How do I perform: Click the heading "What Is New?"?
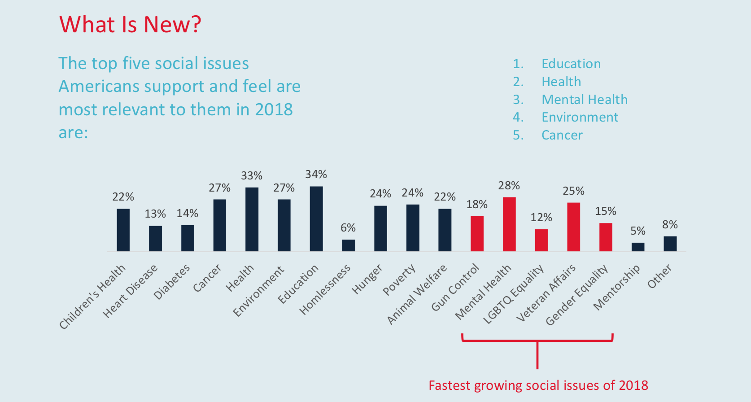(x=130, y=25)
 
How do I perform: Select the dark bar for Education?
(x=316, y=218)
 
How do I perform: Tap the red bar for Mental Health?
(x=509, y=224)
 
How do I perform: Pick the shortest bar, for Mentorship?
(x=637, y=247)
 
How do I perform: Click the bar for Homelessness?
(x=348, y=245)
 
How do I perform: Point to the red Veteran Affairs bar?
(x=573, y=227)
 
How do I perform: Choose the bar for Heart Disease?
(x=155, y=238)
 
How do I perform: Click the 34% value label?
(x=316, y=174)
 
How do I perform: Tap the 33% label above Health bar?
(x=252, y=175)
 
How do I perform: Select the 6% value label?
(x=348, y=227)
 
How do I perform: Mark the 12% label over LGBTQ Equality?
(x=541, y=218)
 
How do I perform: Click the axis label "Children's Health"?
(x=93, y=297)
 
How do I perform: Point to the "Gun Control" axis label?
(x=455, y=288)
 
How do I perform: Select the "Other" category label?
(x=659, y=276)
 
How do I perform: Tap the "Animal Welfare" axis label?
(x=417, y=294)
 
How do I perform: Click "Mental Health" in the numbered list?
(x=584, y=100)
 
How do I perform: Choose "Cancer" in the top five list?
(x=562, y=135)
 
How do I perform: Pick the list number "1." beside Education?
(x=518, y=64)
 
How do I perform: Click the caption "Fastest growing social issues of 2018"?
(x=538, y=385)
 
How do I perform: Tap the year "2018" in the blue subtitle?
(x=274, y=109)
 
